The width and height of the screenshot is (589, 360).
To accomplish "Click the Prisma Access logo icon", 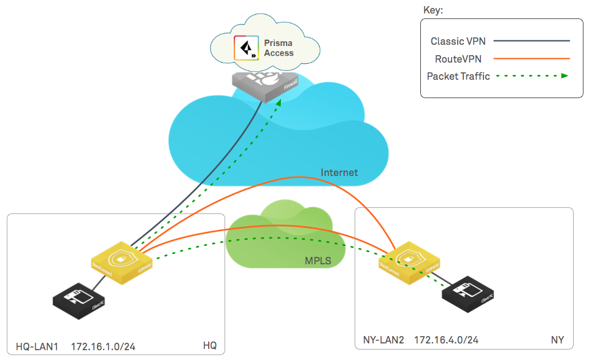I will pyautogui.click(x=247, y=48).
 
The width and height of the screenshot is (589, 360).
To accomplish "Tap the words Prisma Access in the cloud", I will pyautogui.click(x=279, y=48).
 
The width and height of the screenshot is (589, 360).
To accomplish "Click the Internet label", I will pyautogui.click(x=339, y=173).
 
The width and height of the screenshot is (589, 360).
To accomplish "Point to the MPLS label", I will pyautogui.click(x=318, y=261).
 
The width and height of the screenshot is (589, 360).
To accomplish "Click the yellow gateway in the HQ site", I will pyautogui.click(x=122, y=263).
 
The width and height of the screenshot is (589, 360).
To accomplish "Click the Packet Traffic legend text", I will pyautogui.click(x=458, y=77).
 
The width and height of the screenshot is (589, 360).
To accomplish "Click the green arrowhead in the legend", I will pyautogui.click(x=564, y=77).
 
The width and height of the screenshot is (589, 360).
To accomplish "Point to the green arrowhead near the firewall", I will pyautogui.click(x=279, y=102).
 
